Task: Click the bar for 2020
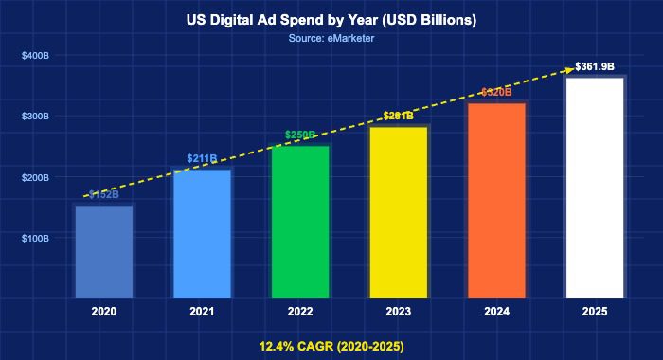click(x=104, y=251)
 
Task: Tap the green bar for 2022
click(x=300, y=222)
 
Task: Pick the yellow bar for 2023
click(x=399, y=212)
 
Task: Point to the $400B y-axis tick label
click(x=35, y=56)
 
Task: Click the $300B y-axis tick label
click(x=35, y=117)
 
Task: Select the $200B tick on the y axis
click(x=35, y=178)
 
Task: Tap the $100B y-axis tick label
click(x=35, y=239)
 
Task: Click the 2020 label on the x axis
click(x=104, y=312)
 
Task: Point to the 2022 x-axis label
click(x=300, y=312)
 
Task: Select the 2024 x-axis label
click(x=496, y=312)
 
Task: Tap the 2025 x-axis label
click(x=595, y=312)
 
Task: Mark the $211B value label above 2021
click(x=202, y=158)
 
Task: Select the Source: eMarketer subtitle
click(x=331, y=38)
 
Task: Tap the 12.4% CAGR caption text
click(x=331, y=346)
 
